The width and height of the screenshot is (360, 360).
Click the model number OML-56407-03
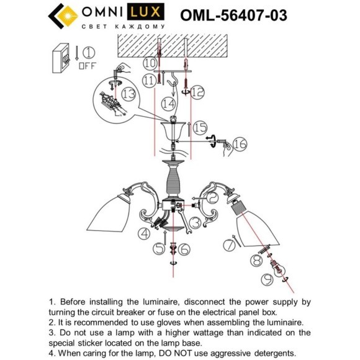pyautogui.click(x=233, y=16)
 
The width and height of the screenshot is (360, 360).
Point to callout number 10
pyautogui.click(x=150, y=63)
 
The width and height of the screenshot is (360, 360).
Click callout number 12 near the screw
pyautogui.click(x=197, y=92)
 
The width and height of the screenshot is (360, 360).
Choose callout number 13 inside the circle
pyautogui.click(x=127, y=94)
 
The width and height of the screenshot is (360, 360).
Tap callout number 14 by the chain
pyautogui.click(x=168, y=104)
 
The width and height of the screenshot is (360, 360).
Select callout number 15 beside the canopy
pyautogui.click(x=199, y=127)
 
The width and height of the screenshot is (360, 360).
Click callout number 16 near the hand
pyautogui.click(x=240, y=145)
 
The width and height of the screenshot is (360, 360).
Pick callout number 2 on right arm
pyautogui.click(x=213, y=197)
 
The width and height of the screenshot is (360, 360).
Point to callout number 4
pyautogui.click(x=144, y=233)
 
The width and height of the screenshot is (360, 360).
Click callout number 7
pyautogui.click(x=230, y=245)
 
